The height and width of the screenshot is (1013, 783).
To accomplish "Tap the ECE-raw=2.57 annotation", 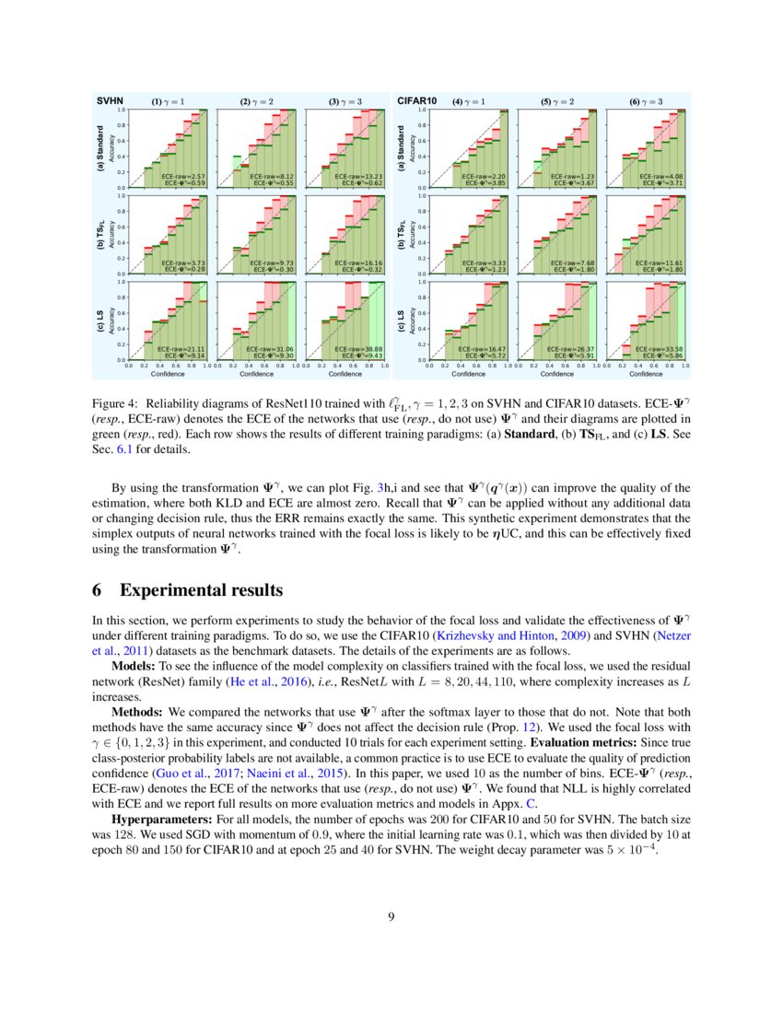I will click(182, 175).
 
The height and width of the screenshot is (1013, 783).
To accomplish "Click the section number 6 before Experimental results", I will click(99, 589).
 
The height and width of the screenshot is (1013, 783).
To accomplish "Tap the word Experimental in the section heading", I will click(175, 589).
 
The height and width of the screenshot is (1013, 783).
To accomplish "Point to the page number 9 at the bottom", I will click(391, 941).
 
